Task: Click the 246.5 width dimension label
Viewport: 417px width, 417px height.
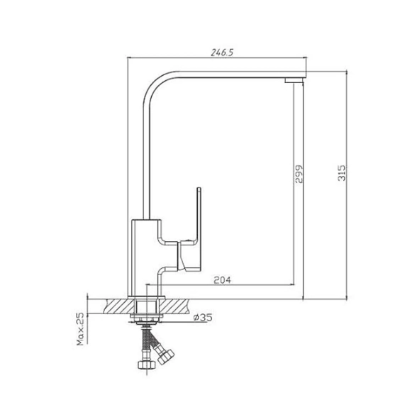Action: tap(222, 52)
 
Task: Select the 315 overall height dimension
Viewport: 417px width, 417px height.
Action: tap(342, 173)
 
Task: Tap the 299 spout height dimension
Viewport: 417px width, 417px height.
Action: tap(299, 174)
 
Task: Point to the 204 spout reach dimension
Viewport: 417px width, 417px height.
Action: tap(223, 279)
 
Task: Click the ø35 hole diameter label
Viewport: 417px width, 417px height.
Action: tap(203, 317)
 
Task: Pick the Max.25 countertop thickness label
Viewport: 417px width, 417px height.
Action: tap(80, 329)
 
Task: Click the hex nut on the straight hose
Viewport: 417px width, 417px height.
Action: tap(147, 364)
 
